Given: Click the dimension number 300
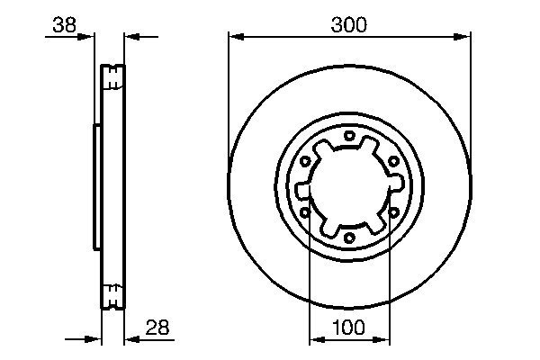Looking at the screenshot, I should [348, 25].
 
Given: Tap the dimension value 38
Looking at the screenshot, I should [64, 25].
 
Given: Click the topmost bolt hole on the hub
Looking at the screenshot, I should [349, 136].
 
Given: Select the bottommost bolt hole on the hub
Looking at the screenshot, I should [349, 238].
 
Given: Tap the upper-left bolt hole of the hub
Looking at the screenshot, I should [305, 162].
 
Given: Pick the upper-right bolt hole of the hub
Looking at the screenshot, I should [393, 162].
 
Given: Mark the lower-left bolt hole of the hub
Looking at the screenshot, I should [305, 213].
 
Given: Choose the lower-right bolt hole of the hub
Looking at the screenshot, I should [393, 213].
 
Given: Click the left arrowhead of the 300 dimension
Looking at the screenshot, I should [235, 36].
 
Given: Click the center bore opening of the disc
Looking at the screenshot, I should [349, 187].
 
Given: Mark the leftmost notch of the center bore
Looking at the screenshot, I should [301, 190].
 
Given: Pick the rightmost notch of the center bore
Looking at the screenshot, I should [397, 184].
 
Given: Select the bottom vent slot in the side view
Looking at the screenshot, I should [113, 294].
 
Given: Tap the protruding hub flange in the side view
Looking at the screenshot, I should [96, 187].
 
